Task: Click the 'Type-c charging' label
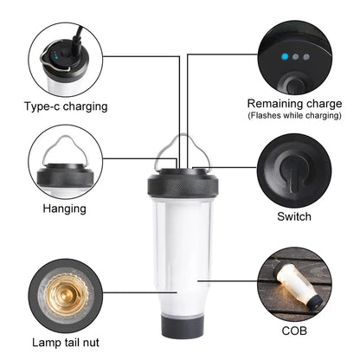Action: pos(66,107)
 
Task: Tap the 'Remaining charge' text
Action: pos(295,103)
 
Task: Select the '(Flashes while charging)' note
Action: pos(295,115)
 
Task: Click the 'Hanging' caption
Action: pos(65,209)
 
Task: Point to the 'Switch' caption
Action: pos(293,216)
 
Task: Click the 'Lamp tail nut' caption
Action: pos(65,320)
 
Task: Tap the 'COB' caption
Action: pos(293,329)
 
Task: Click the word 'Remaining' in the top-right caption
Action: pos(274,103)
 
